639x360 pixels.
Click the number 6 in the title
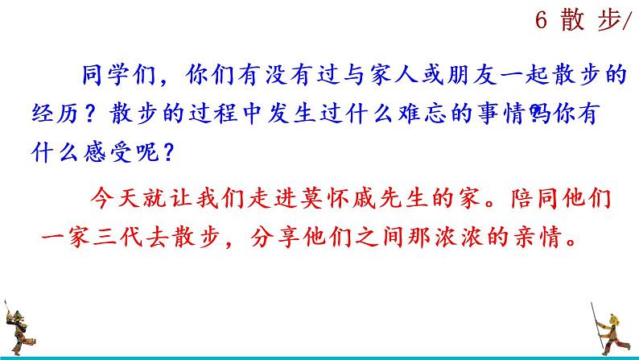541,23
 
